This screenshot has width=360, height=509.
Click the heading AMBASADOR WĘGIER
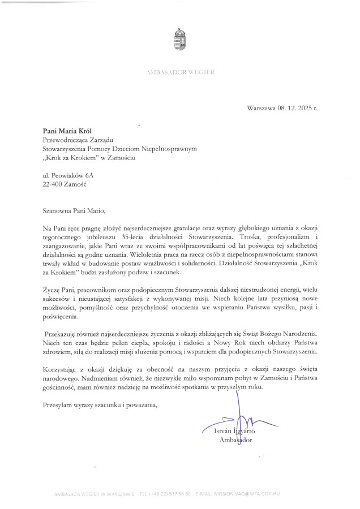(x=181, y=73)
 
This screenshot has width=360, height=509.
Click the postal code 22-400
(x=54, y=185)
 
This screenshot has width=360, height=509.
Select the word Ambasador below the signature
(x=235, y=440)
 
